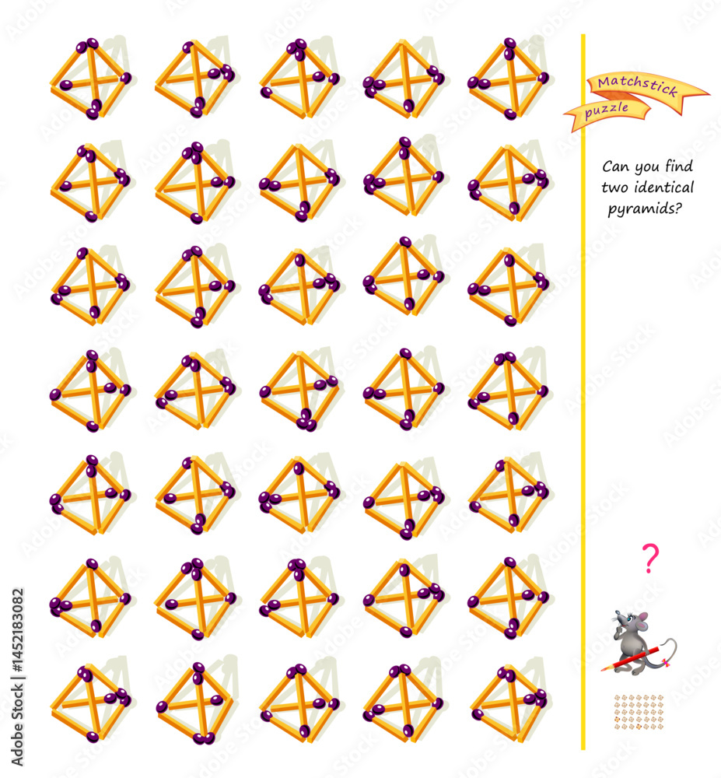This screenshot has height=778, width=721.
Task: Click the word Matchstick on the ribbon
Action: point(637,86)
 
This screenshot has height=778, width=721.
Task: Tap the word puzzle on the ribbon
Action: point(607,110)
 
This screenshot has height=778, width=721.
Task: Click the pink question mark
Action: point(650,559)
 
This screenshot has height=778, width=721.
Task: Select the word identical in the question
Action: point(664,187)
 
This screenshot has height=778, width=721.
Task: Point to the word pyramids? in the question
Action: point(645,209)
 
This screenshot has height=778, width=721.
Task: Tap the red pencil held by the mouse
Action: point(631,658)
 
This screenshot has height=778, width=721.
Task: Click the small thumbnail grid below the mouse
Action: point(639,712)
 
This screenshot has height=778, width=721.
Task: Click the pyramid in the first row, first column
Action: point(91,79)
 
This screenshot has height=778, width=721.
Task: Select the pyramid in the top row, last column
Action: point(509,79)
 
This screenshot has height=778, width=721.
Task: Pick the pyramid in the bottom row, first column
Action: point(91,703)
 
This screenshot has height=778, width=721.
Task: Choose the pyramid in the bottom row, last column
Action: point(509,703)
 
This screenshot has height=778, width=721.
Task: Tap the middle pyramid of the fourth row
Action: point(299,390)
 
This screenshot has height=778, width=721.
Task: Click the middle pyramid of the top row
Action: point(299,79)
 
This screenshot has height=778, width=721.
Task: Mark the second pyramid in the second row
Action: point(195,183)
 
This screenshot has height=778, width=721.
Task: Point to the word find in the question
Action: point(679,166)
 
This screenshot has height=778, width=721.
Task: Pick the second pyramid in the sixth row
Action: point(195,598)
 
